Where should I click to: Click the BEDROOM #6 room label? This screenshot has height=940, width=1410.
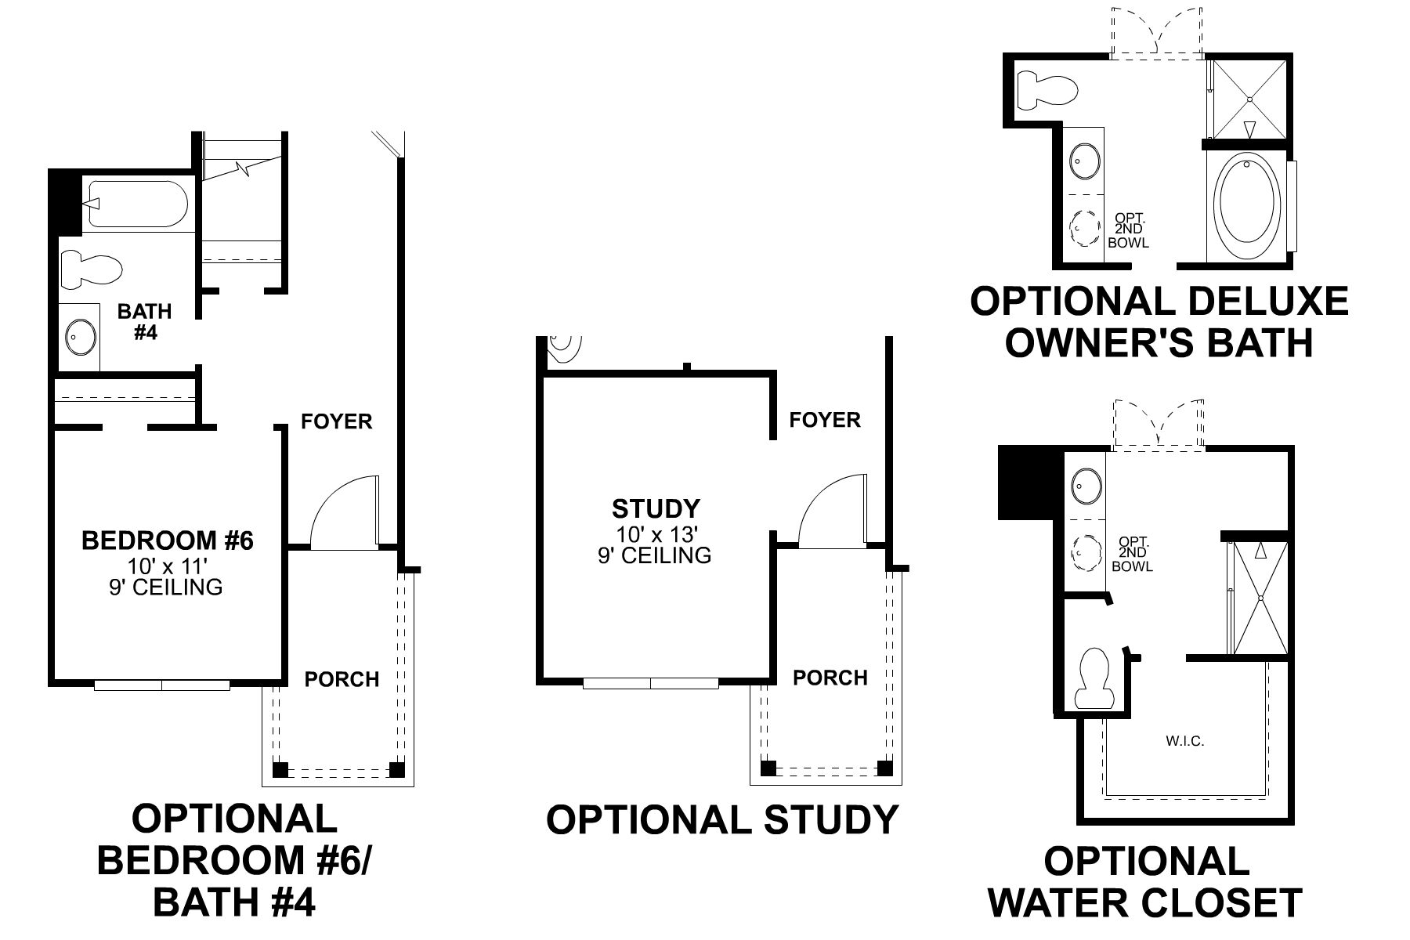pyautogui.click(x=168, y=540)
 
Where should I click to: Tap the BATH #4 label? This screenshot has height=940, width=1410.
pyautogui.click(x=145, y=321)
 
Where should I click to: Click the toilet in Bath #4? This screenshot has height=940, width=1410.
pyautogui.click(x=92, y=268)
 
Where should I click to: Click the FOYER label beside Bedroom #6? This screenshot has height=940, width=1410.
pyautogui.click(x=336, y=422)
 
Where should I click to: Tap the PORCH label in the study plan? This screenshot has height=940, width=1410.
pyautogui.click(x=830, y=678)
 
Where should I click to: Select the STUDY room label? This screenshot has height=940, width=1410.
pyautogui.click(x=656, y=509)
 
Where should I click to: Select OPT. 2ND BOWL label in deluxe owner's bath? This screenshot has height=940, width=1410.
pyautogui.click(x=1128, y=230)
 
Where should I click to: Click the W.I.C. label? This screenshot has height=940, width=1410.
pyautogui.click(x=1184, y=741)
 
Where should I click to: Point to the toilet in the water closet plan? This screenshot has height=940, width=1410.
pyautogui.click(x=1094, y=679)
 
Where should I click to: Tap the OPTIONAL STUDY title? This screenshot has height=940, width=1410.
pyautogui.click(x=721, y=820)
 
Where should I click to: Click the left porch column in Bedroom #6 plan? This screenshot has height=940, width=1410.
pyautogui.click(x=280, y=768)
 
